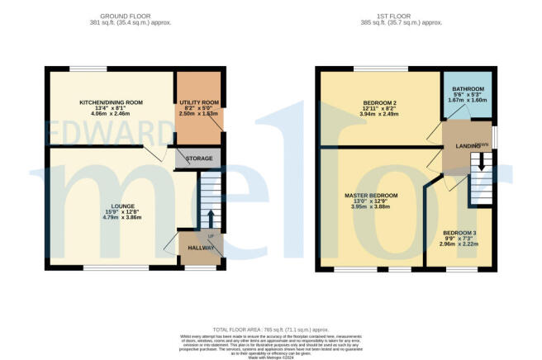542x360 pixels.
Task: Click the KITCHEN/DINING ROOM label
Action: (111, 102)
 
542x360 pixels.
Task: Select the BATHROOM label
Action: (467, 88)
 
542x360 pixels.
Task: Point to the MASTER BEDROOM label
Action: (371, 195)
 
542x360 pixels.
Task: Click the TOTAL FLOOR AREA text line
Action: (270, 329)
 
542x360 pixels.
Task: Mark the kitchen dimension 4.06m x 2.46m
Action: (111, 115)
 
